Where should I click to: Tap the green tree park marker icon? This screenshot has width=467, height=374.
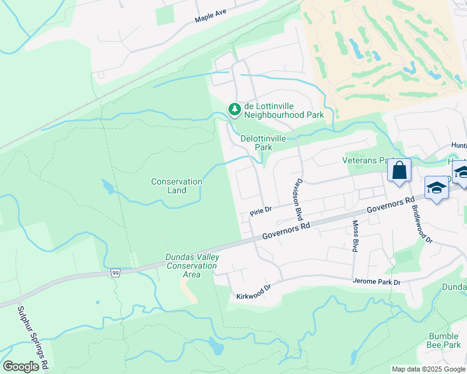[x=234, y=110]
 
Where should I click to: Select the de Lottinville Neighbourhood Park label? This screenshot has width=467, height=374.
[x=283, y=110]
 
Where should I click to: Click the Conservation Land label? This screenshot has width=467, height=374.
[x=177, y=186]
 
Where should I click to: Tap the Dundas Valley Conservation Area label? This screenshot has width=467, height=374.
[x=191, y=266]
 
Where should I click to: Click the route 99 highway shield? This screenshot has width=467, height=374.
[x=115, y=273]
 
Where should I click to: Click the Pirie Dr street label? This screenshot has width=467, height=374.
[x=261, y=211]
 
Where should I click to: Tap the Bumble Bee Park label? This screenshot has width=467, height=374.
[x=444, y=340]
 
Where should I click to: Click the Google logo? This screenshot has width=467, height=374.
[x=21, y=367]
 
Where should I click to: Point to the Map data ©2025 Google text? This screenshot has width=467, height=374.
[x=428, y=369]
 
